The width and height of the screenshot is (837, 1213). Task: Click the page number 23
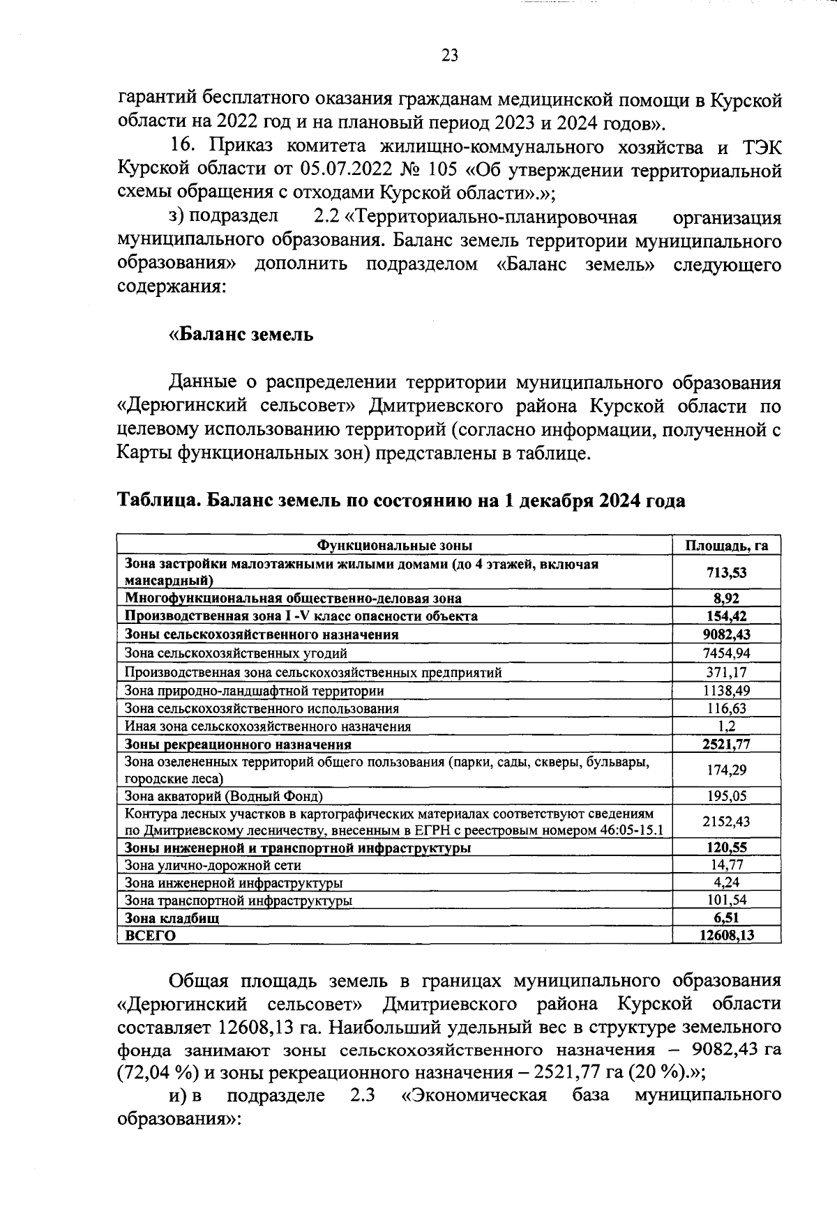(x=450, y=56)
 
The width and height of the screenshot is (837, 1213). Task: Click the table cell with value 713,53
(x=726, y=572)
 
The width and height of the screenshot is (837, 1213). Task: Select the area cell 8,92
(x=726, y=598)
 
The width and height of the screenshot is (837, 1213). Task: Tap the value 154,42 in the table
(x=726, y=616)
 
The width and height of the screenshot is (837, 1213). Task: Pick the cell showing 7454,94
(x=726, y=653)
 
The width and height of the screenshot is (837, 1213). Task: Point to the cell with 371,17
(x=726, y=672)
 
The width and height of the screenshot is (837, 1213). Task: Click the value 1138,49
(x=726, y=690)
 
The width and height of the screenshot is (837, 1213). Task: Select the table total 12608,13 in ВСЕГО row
(x=726, y=936)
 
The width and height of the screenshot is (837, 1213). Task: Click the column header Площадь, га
(x=726, y=545)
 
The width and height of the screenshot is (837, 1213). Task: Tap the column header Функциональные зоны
(x=395, y=545)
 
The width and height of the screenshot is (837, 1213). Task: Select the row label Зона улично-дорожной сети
(x=213, y=865)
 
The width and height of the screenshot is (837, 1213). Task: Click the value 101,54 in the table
(x=726, y=900)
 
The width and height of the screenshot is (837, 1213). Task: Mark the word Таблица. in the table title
(x=159, y=501)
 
